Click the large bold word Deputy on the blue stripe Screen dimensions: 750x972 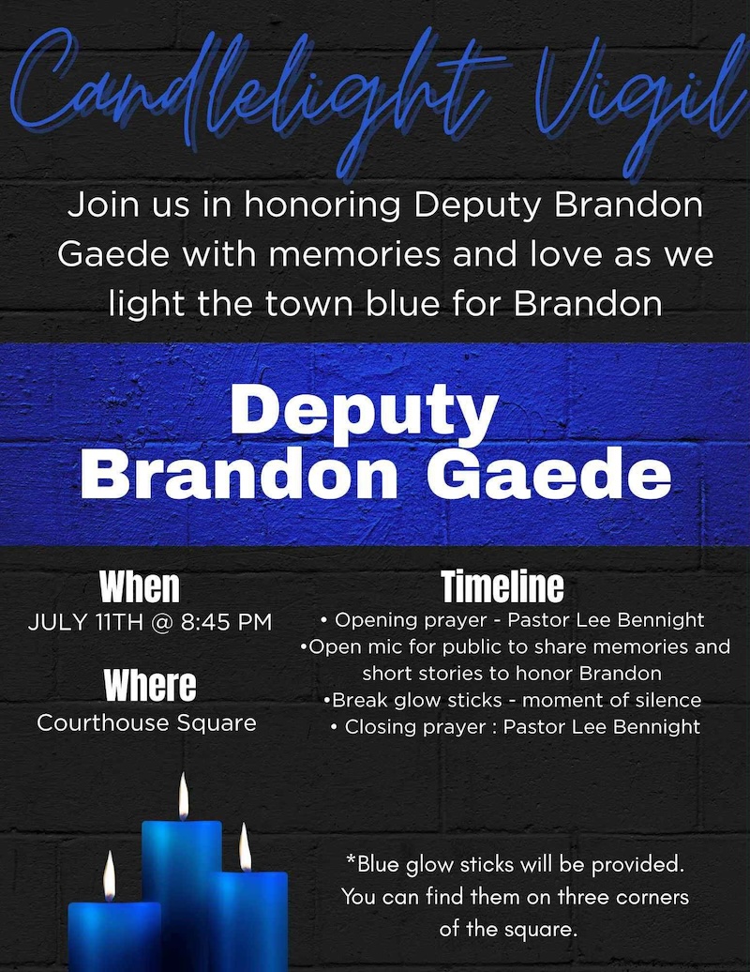pos(364,411)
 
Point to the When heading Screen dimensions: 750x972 pos(140,586)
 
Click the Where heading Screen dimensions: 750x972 pos(150,685)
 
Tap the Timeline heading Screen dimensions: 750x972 pos(502,586)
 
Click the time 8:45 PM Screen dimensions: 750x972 pos(227,621)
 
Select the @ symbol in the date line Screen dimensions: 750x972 pos(161,622)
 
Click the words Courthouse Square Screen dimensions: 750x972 pos(147,722)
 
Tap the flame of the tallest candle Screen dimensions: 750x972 pos(184,797)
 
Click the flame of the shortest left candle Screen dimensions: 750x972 pos(110,876)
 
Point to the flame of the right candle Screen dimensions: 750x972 pos(246,847)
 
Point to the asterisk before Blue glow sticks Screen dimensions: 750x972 pos(351,859)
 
